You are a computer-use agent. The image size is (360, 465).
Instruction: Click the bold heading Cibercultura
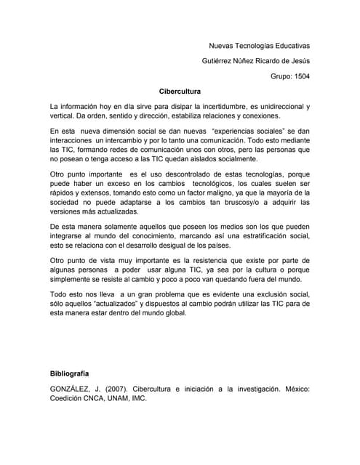click(x=180, y=92)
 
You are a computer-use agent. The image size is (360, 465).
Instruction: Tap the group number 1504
click(x=298, y=75)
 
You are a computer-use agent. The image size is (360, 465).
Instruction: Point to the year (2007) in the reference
click(x=124, y=389)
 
